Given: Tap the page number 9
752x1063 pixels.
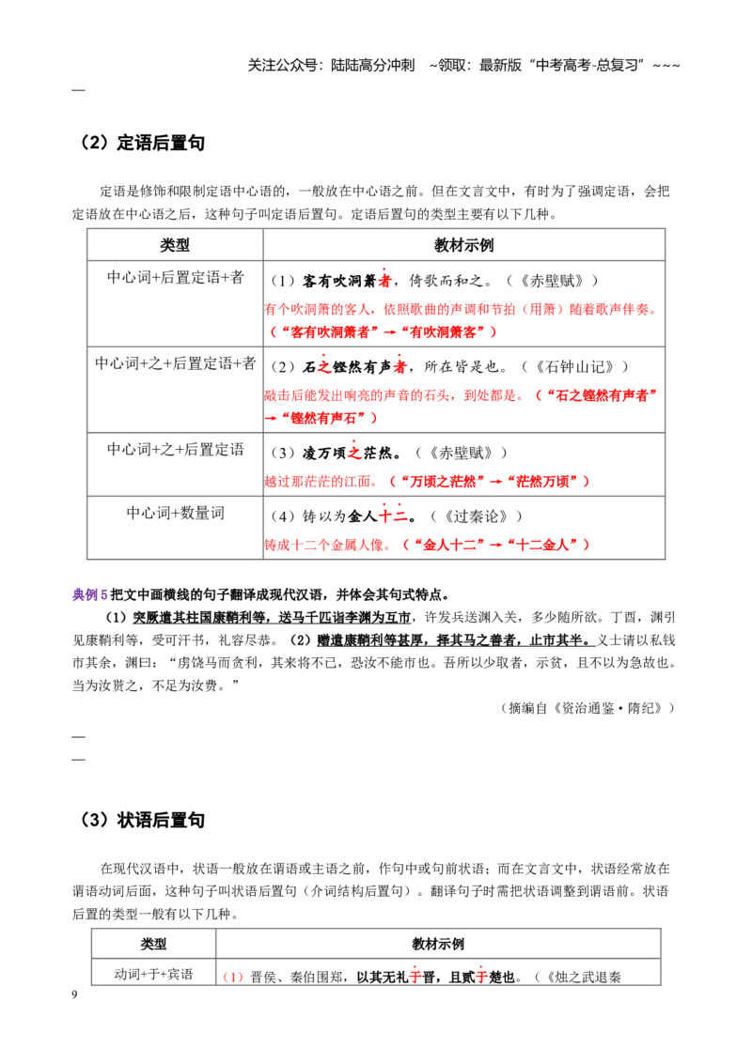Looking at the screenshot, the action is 74,994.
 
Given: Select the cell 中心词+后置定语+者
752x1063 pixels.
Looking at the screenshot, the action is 175,277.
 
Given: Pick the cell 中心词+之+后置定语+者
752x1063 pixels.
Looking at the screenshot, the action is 175,363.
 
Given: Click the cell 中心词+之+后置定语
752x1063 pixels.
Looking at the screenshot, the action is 175,450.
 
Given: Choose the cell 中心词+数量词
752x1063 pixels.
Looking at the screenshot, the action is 175,514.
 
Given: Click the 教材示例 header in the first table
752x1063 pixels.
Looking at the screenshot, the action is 464,245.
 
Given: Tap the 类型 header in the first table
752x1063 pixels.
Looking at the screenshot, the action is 175,245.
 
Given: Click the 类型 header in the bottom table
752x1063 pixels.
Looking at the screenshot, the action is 153,944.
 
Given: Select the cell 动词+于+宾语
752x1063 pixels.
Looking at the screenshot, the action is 153,974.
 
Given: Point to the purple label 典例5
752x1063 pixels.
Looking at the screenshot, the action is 90,595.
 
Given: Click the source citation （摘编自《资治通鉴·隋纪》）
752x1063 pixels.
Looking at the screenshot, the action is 587,708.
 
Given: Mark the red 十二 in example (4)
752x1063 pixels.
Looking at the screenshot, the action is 393,516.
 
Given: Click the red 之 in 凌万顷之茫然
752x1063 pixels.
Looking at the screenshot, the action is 354,453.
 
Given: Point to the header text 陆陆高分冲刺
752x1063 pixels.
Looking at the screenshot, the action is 372,65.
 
